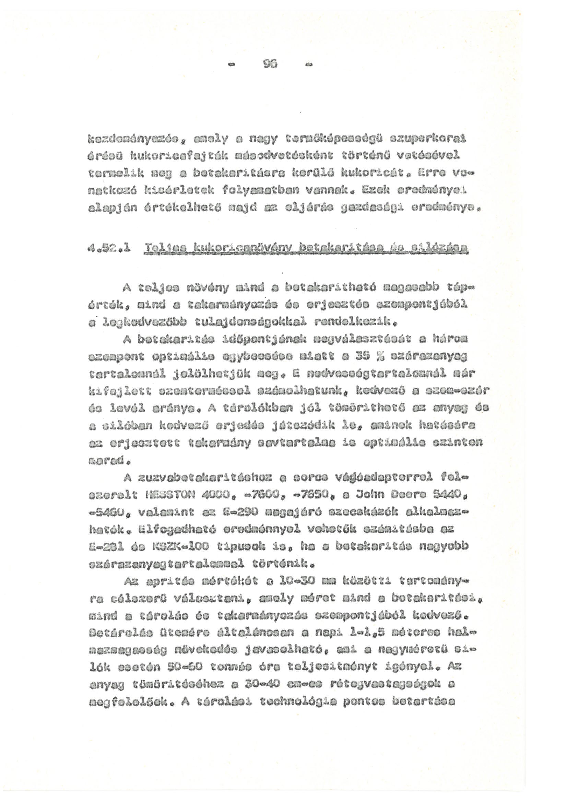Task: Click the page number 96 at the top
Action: click(270, 64)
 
